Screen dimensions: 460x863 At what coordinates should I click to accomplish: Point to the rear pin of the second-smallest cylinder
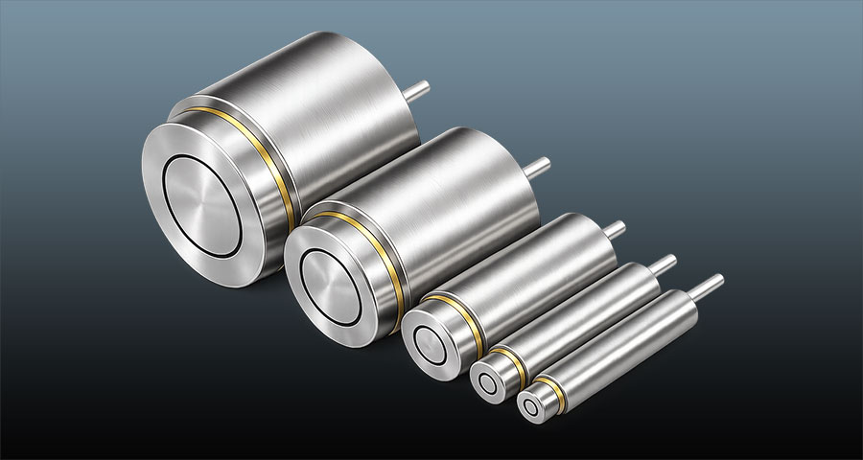[663, 262]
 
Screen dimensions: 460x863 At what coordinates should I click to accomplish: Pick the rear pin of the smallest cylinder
[709, 284]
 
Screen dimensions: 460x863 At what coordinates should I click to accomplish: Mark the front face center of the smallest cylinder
[531, 406]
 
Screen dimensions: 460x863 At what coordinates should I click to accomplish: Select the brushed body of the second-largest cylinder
[460, 201]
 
